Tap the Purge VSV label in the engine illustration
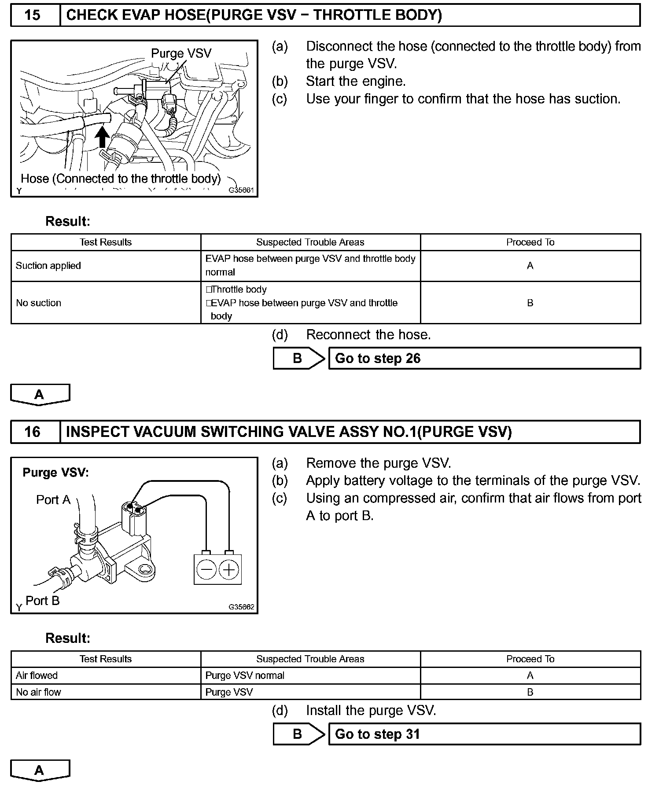[181, 54]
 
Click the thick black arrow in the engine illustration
[102, 137]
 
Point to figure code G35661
[241, 191]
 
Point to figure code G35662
[241, 607]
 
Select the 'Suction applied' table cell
[48, 266]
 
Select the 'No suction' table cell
[39, 303]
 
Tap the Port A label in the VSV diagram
[53, 500]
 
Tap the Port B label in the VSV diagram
[43, 601]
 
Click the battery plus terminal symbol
[229, 570]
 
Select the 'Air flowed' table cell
[37, 675]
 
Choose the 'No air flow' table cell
[39, 692]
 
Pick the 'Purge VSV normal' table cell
[245, 675]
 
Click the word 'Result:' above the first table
[68, 221]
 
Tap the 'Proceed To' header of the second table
[530, 659]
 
